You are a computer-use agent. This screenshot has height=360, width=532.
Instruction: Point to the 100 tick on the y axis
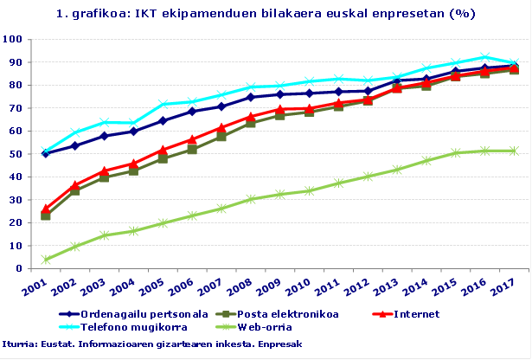tap(12, 39)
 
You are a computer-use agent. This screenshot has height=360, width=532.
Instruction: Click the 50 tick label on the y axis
tap(16, 154)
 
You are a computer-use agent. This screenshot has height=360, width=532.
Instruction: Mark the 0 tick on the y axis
tap(19, 269)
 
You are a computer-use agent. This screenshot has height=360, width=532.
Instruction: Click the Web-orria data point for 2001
tap(45, 260)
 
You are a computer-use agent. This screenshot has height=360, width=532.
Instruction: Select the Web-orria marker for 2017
tap(514, 151)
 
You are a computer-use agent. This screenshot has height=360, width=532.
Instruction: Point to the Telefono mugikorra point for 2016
tap(484, 57)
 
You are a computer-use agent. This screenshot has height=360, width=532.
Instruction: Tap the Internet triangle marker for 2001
tap(45, 209)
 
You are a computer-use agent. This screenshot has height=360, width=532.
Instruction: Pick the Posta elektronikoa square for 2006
tap(191, 149)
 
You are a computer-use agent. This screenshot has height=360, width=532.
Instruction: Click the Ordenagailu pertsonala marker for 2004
tap(133, 131)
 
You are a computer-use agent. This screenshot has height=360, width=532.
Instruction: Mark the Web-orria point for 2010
tap(309, 190)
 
